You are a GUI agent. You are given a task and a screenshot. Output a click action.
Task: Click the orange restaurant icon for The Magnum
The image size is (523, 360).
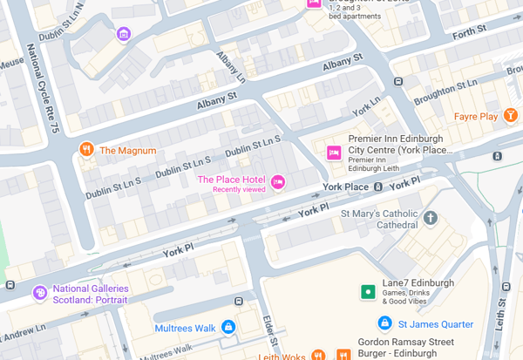click(86, 149)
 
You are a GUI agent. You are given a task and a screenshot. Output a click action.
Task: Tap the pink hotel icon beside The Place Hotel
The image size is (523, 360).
click(278, 181)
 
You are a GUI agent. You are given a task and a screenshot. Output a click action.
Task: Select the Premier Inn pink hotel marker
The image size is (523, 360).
click(333, 153)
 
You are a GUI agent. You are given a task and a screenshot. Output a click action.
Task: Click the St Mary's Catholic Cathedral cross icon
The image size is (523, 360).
click(431, 217)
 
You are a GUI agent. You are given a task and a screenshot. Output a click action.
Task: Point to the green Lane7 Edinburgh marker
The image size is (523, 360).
click(368, 292)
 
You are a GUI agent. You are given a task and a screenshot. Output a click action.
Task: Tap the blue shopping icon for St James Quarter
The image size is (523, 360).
click(370, 324)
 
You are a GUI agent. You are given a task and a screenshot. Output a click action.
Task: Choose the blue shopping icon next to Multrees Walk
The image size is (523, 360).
click(228, 327)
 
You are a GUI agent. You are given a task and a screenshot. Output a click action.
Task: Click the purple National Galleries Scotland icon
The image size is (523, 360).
click(39, 293)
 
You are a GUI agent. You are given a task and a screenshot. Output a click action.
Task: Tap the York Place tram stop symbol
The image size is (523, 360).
click(378, 187)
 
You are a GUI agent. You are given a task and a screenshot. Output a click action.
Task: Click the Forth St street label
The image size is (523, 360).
click(468, 32)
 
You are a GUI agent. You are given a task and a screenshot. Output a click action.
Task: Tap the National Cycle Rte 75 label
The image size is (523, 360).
click(42, 86)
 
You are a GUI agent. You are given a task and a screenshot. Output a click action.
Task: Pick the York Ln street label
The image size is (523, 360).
click(367, 107)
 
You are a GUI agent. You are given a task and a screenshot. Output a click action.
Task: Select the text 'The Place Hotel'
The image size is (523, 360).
click(232, 180)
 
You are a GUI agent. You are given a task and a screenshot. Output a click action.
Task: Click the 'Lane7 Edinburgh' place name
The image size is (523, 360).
click(418, 284)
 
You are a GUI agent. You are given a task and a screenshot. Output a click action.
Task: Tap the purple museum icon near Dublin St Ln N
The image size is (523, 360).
click(124, 34)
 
